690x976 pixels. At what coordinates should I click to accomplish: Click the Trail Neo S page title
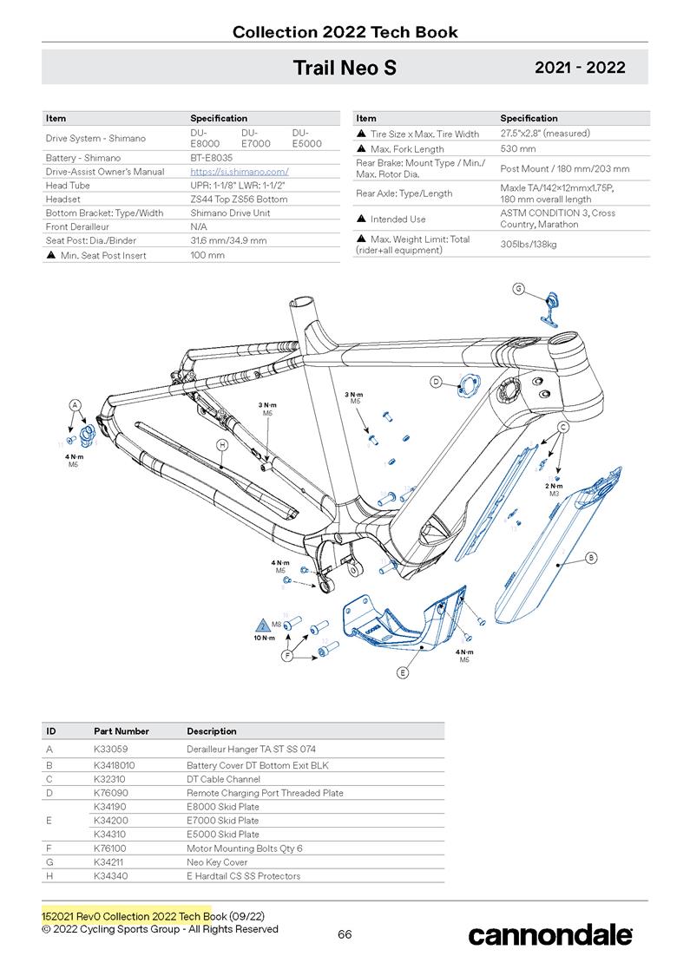click(345, 68)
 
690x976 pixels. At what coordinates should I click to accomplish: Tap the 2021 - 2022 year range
click(579, 68)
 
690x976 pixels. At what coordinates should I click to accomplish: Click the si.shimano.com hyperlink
click(239, 172)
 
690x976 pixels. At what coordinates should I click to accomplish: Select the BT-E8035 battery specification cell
click(209, 158)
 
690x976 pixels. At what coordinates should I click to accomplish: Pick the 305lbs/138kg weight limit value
click(529, 245)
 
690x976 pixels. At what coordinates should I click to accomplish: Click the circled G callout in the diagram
click(518, 289)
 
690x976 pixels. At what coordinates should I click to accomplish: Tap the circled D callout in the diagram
click(437, 381)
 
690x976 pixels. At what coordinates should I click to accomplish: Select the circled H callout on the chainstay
click(222, 444)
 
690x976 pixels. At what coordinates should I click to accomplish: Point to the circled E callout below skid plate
click(403, 671)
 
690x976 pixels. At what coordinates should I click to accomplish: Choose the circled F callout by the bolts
click(287, 657)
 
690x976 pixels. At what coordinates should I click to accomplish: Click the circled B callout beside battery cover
click(591, 557)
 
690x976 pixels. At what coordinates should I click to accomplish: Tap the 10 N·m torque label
click(264, 637)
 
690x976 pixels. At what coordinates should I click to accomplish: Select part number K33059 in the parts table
click(113, 748)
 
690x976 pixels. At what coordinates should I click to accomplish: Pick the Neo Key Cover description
click(217, 862)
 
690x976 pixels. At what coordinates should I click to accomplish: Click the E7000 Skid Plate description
click(222, 820)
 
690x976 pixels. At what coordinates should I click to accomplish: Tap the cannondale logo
click(550, 934)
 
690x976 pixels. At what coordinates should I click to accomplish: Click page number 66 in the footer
click(345, 934)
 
